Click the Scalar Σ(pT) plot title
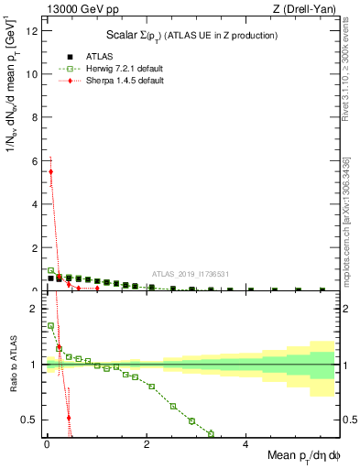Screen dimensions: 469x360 coord(191,35)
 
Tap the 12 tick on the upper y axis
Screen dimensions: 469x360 coord(32,31)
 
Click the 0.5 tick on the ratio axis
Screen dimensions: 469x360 coord(30,420)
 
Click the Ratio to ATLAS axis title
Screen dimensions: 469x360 coord(13,364)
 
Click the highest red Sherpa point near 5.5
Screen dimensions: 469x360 coord(51,171)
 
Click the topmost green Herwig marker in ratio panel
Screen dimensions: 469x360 coord(51,325)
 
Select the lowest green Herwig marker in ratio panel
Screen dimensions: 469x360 coord(212,433)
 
